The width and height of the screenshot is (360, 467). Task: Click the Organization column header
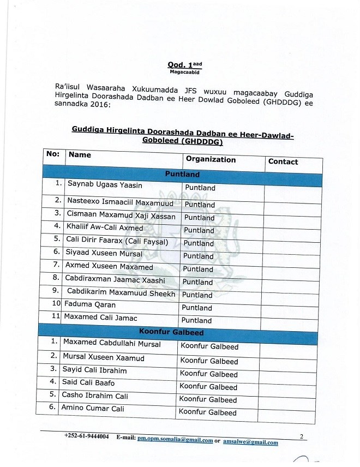211,159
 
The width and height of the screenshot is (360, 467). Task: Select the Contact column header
283,161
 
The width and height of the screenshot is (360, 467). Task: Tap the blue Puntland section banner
182,175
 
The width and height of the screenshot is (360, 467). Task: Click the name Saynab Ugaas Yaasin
105,185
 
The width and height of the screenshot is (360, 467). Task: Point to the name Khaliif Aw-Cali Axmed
104,227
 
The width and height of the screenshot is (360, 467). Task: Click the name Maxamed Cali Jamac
100,317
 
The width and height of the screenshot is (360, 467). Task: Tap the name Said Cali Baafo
88,382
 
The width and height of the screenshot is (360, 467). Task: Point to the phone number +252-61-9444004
86,437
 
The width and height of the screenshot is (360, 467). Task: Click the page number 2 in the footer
301,436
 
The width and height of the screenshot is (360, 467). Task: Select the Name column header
80,155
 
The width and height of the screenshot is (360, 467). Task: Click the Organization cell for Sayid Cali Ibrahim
209,374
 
